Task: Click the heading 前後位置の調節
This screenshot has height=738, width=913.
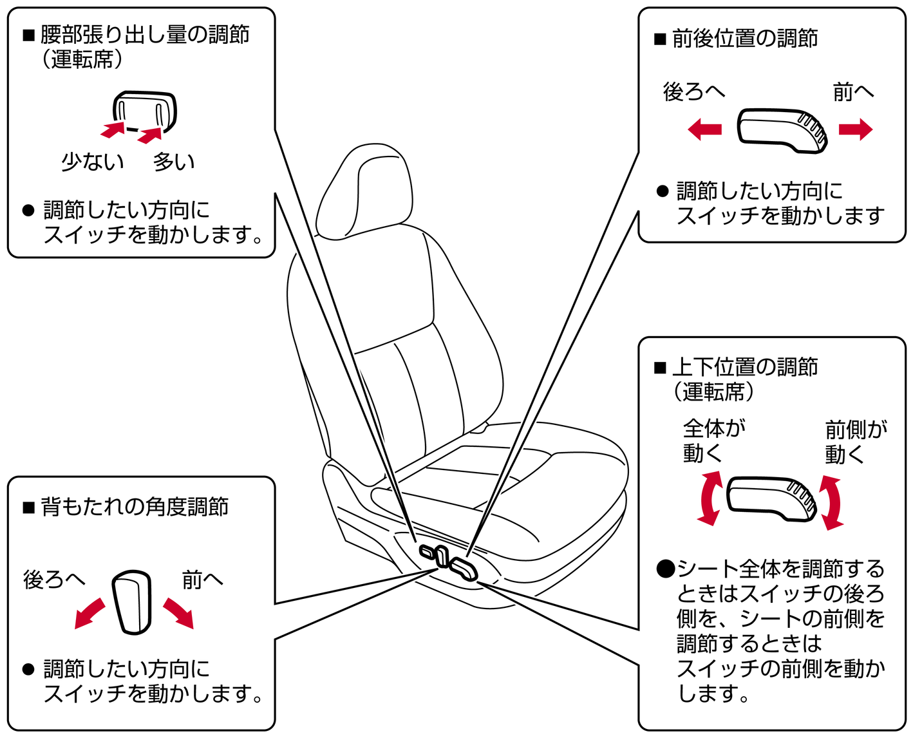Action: pos(744,39)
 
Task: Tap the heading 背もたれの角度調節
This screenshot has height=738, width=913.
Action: pos(135,507)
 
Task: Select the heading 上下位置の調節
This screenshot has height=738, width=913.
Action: pos(744,367)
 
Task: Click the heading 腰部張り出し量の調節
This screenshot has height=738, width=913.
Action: pos(145,35)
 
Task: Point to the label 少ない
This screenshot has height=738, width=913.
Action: pos(93,162)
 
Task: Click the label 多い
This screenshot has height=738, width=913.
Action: pos(174,162)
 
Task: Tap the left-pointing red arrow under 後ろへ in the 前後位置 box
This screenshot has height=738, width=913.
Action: pos(704,129)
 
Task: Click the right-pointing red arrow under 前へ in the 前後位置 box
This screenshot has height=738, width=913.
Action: pos(856,129)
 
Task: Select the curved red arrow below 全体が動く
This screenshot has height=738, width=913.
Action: pos(708,498)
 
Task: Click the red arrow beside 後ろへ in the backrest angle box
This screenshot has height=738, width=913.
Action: pos(89,614)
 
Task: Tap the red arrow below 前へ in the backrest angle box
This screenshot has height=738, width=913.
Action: pos(178,614)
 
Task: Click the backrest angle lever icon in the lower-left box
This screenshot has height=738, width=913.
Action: pos(133,602)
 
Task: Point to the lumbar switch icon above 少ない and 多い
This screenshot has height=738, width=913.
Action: pos(145,112)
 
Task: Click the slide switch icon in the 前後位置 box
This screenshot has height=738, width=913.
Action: pos(782,131)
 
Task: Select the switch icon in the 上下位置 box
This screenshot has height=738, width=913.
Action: pos(771,498)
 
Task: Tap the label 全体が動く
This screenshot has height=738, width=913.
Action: pos(714,440)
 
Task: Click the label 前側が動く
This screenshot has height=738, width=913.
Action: pos(856,442)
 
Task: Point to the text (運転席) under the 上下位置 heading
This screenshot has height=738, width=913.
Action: pos(713,392)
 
